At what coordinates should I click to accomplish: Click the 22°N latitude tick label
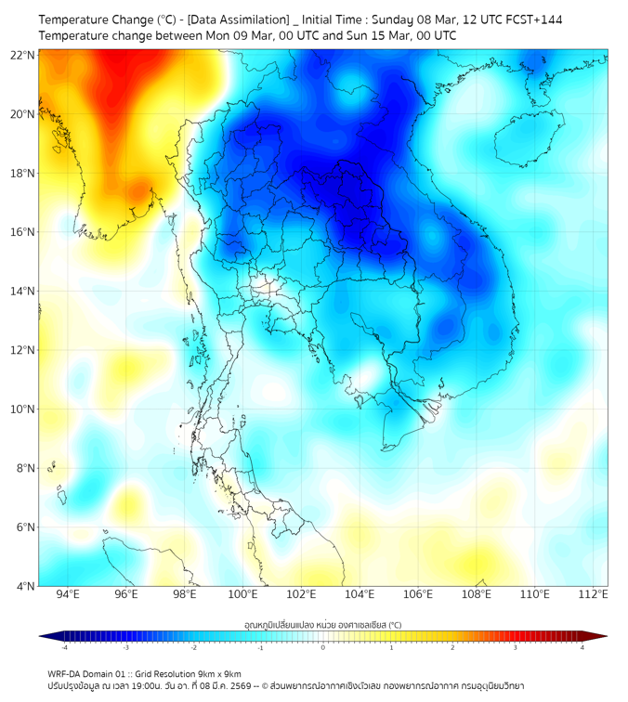point(22,55)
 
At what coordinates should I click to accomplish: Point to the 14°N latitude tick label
point(22,291)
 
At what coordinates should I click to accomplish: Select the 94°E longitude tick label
point(68,594)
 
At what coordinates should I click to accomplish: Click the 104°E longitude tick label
point(360,594)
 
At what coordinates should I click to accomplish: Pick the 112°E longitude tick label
point(593,594)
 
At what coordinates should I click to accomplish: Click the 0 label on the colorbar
point(323,647)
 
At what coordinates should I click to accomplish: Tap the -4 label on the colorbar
point(63,647)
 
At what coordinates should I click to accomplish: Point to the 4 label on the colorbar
point(582,647)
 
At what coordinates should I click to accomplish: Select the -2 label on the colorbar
point(193,647)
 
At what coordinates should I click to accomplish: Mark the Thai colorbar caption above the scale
point(322,625)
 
